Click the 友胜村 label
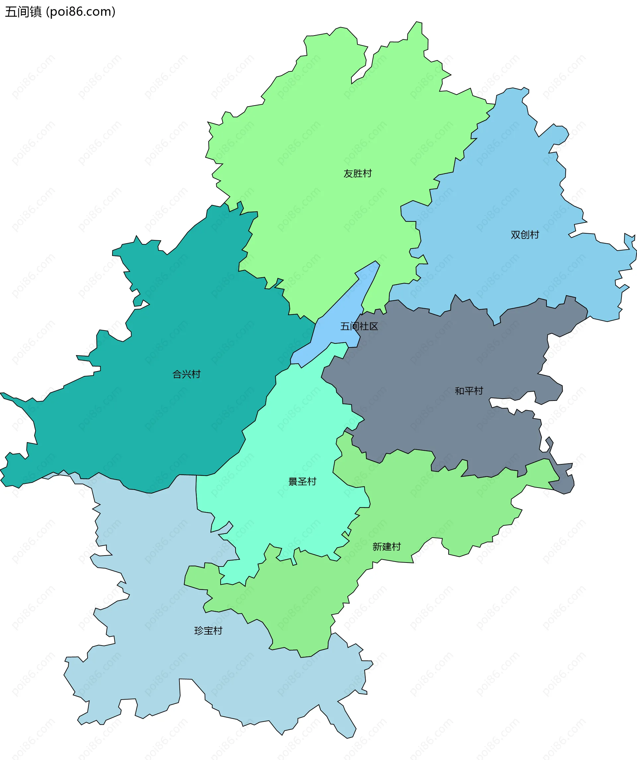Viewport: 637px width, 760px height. pyautogui.click(x=357, y=174)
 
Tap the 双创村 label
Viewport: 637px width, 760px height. pyautogui.click(x=525, y=235)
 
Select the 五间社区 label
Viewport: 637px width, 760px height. pyautogui.click(x=359, y=327)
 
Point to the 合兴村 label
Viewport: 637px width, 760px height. pyautogui.click(x=186, y=374)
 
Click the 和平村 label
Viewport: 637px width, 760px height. pyautogui.click(x=469, y=391)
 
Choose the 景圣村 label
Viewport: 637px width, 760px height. pyautogui.click(x=302, y=481)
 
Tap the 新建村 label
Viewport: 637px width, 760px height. pyautogui.click(x=386, y=547)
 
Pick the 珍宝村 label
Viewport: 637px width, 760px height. pyautogui.click(x=208, y=631)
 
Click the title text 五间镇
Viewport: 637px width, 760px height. pyautogui.click(x=24, y=12)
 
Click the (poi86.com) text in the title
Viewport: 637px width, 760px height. pyautogui.click(x=81, y=12)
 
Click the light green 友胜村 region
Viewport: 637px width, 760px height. pyautogui.click(x=325, y=127)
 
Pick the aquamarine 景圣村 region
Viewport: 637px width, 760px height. pyautogui.click(x=289, y=434)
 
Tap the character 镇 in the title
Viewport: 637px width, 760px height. pyautogui.click(x=36, y=12)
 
